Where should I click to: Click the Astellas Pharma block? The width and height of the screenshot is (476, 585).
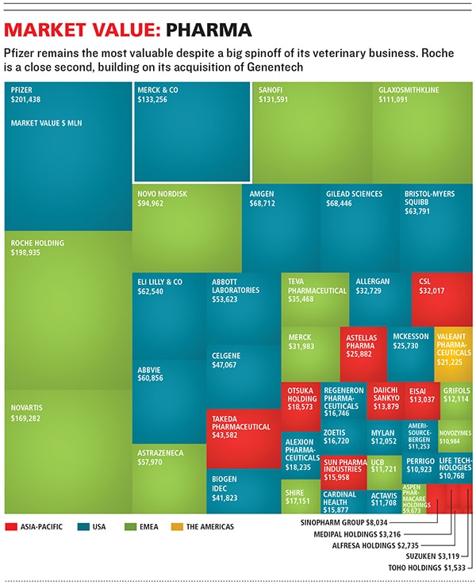[x=363, y=350]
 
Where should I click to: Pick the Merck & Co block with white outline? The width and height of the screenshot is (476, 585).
[x=192, y=132]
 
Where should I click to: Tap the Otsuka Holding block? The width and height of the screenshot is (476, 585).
[x=301, y=400]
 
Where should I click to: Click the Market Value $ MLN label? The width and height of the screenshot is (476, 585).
[x=46, y=124]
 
